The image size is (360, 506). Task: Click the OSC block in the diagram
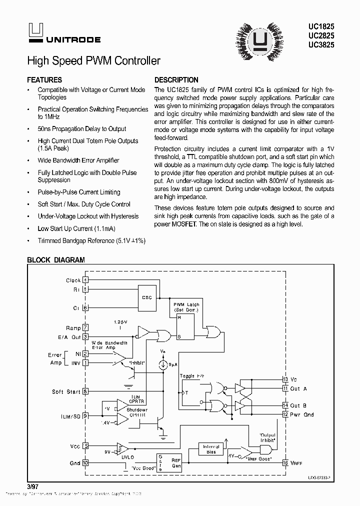point(146,297)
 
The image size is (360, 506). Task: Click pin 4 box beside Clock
point(85,280)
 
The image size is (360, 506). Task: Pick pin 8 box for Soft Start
point(85,391)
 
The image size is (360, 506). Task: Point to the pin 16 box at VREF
point(285,463)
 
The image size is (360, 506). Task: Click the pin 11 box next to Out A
point(285,388)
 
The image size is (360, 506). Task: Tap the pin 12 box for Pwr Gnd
point(285,414)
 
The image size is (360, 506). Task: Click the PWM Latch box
point(186,325)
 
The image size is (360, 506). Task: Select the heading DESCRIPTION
point(176,80)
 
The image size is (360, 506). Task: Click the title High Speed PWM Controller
point(93,61)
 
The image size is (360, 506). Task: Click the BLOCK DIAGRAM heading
point(55,260)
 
